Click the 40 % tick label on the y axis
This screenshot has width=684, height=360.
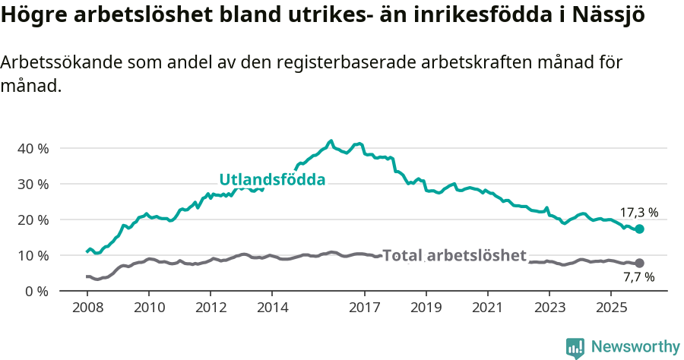32,148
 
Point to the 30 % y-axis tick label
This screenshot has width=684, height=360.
32,184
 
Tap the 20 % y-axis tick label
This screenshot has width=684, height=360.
32,219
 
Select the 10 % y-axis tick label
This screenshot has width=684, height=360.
32,255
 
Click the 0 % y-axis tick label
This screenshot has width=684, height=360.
36,291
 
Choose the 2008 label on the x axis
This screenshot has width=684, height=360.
87,308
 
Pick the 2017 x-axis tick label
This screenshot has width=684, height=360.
364,308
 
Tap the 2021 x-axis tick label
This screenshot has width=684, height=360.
488,308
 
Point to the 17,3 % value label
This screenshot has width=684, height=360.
638,213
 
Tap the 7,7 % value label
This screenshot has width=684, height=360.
638,277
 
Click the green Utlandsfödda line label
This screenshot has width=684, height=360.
272,180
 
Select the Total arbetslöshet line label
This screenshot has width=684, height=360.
454,255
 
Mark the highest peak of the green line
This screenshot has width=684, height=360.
331,141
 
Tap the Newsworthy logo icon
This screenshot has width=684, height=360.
575,347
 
